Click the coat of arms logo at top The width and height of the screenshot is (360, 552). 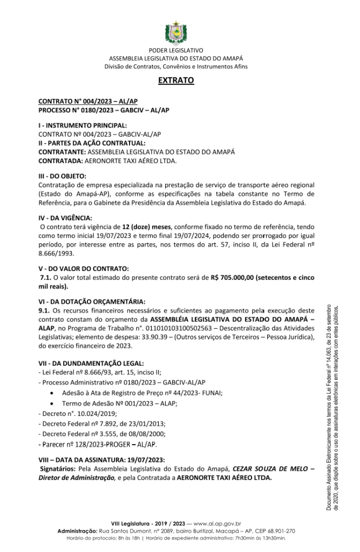pos(176,32)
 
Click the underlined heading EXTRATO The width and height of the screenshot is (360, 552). pos(176,80)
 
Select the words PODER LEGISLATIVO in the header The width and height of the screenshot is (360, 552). pos(176,50)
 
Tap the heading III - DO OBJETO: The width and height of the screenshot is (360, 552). pos(62,176)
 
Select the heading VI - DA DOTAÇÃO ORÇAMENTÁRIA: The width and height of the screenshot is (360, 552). pos(91,302)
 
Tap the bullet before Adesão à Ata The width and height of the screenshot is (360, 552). pos(52,393)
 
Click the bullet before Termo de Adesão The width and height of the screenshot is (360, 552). pos(52,404)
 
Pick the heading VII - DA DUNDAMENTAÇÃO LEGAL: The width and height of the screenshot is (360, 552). pos(91,363)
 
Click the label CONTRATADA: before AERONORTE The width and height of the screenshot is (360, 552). pos(61,161)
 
